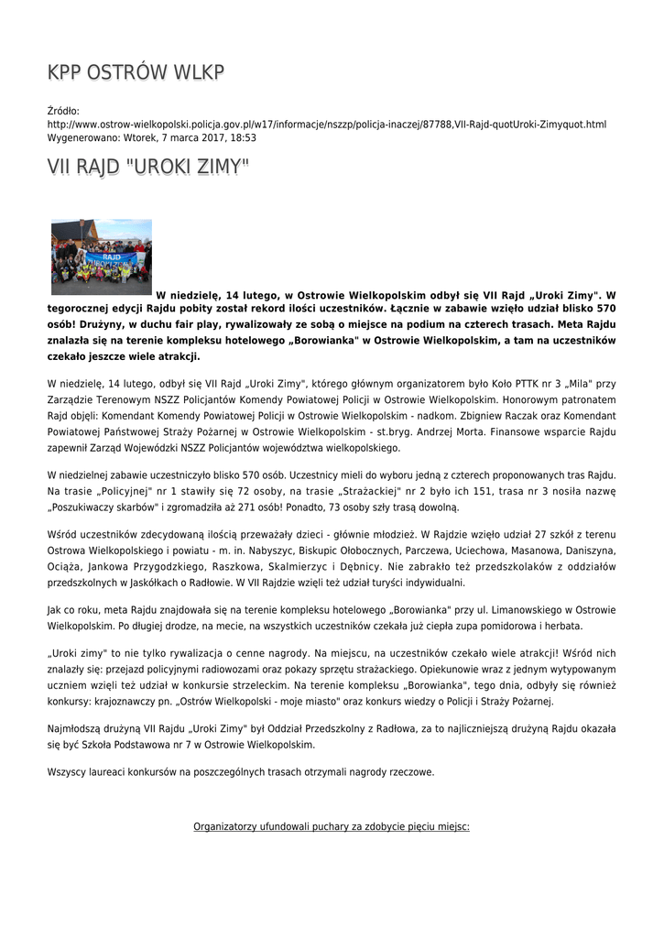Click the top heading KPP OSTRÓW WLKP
click(136, 73)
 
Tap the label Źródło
click(63, 111)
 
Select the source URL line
click(327, 124)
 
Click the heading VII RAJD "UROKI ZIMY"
click(148, 168)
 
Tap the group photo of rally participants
click(101, 256)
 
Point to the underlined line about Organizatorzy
click(332, 826)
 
